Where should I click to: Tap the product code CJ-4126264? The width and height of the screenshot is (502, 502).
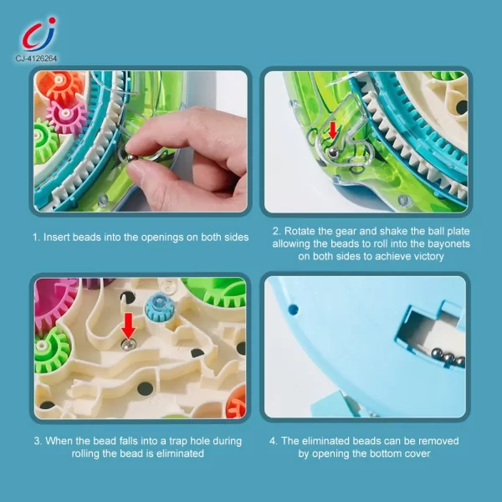pyautogui.click(x=37, y=58)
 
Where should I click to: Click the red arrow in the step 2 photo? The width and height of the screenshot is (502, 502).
pyautogui.click(x=332, y=131)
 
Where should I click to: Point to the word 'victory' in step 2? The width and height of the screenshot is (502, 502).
pyautogui.click(x=425, y=257)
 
